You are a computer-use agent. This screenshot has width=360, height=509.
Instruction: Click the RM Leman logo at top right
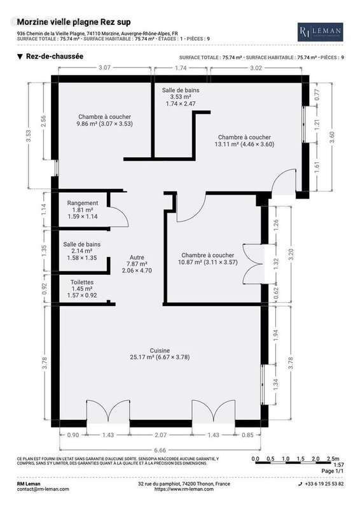pyautogui.click(x=321, y=32)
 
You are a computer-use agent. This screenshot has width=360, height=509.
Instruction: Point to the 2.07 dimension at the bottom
pyautogui.click(x=160, y=435)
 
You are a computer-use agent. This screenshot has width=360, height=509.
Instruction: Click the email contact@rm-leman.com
pyautogui.click(x=43, y=489)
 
